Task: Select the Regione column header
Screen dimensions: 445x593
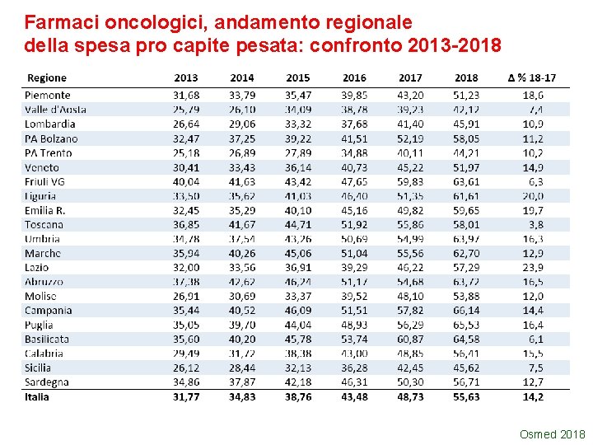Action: (x=47, y=77)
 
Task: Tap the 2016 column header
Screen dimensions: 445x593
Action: (x=354, y=77)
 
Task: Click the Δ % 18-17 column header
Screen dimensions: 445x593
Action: (x=531, y=77)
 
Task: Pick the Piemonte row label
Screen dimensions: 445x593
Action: (x=48, y=96)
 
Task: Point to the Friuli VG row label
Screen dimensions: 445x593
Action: (x=44, y=181)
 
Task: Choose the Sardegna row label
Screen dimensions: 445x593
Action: (x=47, y=382)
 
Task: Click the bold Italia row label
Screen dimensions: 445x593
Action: (x=37, y=397)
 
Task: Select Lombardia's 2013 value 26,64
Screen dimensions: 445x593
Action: (x=186, y=124)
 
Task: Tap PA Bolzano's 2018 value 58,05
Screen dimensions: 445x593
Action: (x=466, y=138)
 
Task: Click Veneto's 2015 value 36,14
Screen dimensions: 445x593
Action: (x=298, y=167)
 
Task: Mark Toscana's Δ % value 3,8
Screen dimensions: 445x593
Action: (x=536, y=224)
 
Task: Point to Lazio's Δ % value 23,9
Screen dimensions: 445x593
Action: (x=533, y=268)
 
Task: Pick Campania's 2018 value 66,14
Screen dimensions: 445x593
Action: (x=466, y=311)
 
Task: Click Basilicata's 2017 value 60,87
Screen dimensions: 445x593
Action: (x=410, y=340)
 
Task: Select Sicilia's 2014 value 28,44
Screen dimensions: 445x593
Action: (x=242, y=368)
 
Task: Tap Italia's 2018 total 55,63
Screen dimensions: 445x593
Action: (x=466, y=397)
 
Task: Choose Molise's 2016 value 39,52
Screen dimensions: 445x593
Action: (x=354, y=296)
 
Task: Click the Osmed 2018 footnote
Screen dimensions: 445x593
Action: (x=553, y=434)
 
